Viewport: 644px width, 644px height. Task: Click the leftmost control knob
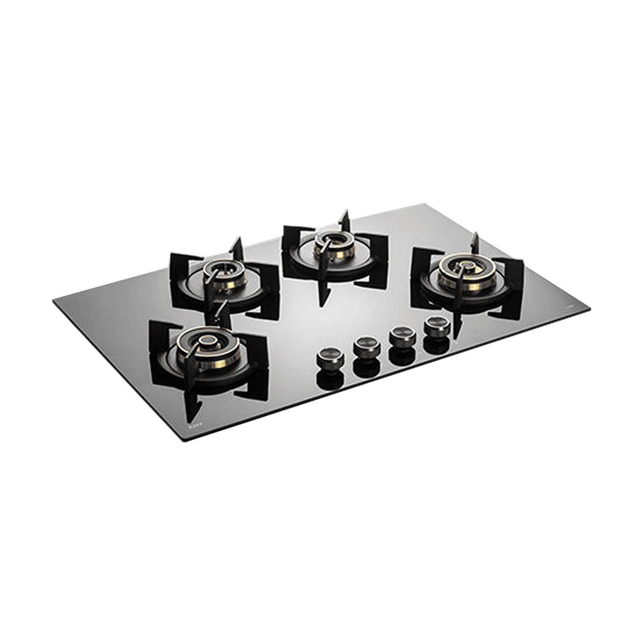pyautogui.click(x=327, y=357)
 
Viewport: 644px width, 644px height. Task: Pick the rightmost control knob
pyautogui.click(x=433, y=324)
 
